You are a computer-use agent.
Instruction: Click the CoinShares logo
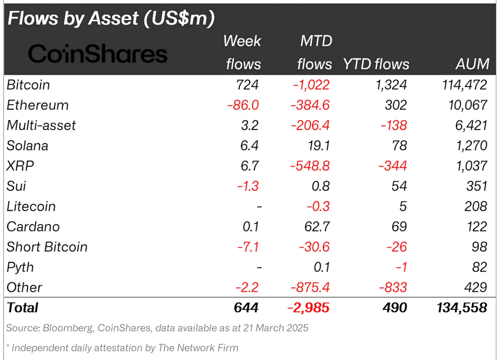(x=98, y=54)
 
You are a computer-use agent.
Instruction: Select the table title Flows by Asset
(x=111, y=18)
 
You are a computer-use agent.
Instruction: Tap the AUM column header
(x=472, y=64)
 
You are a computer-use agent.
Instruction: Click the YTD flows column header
(x=376, y=64)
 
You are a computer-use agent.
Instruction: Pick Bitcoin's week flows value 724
(x=247, y=85)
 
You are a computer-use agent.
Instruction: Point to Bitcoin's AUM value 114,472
(x=464, y=85)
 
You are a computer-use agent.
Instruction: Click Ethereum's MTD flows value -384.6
(x=310, y=105)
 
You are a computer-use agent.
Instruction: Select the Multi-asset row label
(x=41, y=126)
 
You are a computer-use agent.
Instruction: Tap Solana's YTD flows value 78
(x=399, y=146)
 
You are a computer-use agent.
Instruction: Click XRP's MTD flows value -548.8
(x=310, y=166)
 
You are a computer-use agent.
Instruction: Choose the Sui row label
(x=16, y=186)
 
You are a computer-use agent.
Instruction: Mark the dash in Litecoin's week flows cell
(x=259, y=207)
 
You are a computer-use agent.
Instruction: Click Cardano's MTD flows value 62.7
(x=317, y=227)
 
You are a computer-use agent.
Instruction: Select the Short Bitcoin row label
(x=47, y=247)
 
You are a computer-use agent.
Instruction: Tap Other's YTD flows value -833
(x=393, y=288)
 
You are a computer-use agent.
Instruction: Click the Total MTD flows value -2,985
(x=308, y=308)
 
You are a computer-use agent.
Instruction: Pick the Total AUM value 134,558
(x=462, y=308)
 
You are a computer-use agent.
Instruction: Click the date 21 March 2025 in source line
(x=276, y=328)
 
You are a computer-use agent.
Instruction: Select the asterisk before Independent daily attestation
(x=8, y=347)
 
